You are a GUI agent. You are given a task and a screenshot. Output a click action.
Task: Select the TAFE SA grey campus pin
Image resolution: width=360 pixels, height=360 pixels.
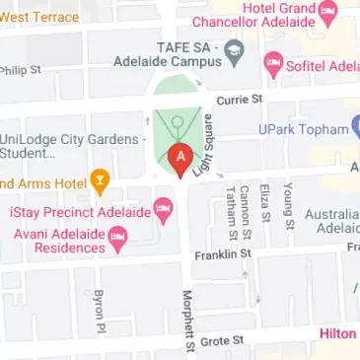[x=234, y=48]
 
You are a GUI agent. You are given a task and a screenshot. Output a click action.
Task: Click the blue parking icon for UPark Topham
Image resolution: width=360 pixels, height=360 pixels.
[x=357, y=128]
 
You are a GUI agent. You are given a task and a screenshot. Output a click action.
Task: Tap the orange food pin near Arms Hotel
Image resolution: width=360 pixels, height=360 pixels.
[x=99, y=180]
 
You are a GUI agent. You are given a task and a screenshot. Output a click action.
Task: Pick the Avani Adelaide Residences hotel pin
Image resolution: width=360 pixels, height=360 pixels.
[x=118, y=237]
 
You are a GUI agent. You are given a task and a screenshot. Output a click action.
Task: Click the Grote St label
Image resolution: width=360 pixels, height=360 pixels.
[x=222, y=340]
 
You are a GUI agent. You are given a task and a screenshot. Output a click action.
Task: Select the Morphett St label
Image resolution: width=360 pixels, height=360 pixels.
[x=187, y=321]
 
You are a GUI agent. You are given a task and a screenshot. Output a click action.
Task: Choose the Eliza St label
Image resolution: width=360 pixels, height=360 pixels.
[x=265, y=203]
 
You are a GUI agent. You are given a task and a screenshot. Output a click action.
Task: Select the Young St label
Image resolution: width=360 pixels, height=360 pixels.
[x=289, y=205]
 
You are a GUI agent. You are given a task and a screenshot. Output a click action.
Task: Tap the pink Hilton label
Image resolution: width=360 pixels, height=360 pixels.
[x=337, y=333]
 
